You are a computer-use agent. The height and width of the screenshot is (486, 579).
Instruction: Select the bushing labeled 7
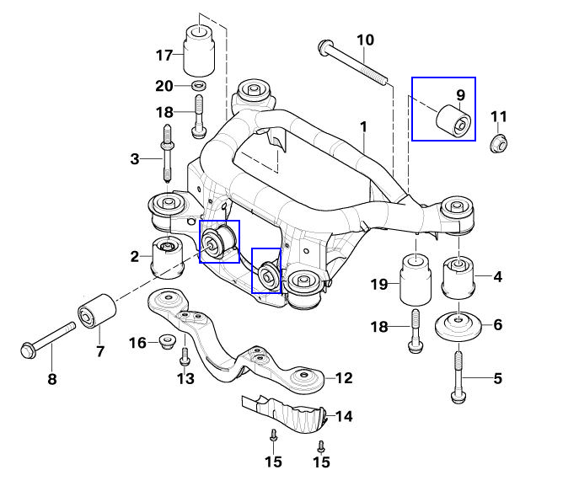coord(96,312)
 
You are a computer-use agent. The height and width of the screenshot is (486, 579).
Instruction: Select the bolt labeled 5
coord(457,376)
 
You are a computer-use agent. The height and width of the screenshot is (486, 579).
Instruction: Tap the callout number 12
coord(344,378)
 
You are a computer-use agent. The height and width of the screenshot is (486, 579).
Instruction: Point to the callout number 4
coord(497,275)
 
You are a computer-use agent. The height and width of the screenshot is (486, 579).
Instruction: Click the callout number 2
coord(135,256)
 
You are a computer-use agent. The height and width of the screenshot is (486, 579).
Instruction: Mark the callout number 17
coord(164,55)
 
